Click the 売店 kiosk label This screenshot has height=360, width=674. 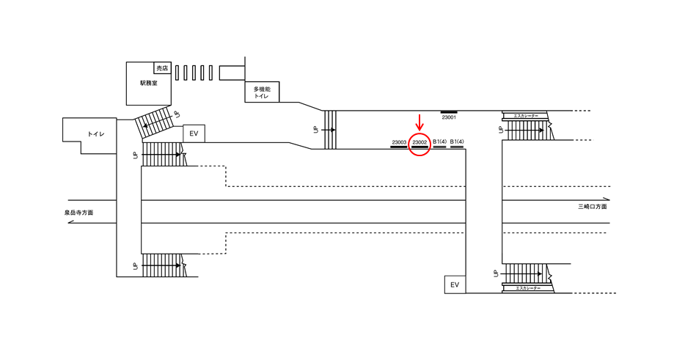[x=162, y=68]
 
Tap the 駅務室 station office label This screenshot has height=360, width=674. [x=155, y=84]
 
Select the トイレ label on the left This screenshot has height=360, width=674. [x=95, y=134]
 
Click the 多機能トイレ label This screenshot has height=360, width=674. [x=263, y=92]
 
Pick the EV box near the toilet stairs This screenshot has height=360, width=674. [x=194, y=133]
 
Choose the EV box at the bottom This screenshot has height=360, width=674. [x=455, y=284]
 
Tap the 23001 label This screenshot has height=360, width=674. [x=449, y=117]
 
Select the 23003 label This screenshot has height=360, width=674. [x=399, y=142]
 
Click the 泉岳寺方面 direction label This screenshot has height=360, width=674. [x=79, y=213]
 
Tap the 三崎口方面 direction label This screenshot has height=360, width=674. [x=592, y=207]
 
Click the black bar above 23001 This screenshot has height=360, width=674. [x=449, y=111]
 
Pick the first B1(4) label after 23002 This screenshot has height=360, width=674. [x=439, y=142]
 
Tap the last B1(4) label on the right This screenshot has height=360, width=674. [x=457, y=142]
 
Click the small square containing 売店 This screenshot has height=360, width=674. [x=162, y=68]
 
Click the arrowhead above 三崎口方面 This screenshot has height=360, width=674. [x=606, y=199]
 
